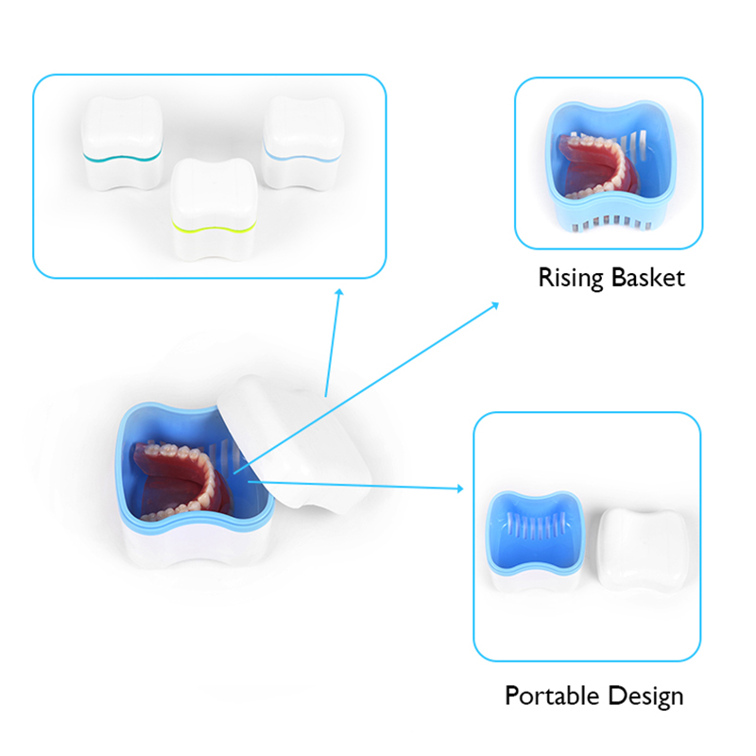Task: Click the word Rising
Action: [571, 279]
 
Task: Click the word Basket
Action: [648, 278]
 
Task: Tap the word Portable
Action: [552, 696]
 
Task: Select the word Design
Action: [645, 696]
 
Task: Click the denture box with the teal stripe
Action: [123, 143]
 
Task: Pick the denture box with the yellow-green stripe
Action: [214, 208]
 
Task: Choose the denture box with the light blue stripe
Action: [302, 142]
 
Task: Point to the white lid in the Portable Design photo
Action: [642, 550]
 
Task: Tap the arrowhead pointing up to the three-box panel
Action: [339, 293]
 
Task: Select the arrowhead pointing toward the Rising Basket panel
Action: [494, 305]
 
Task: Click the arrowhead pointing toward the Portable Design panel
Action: [459, 489]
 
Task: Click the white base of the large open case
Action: [196, 544]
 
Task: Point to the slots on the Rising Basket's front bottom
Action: [609, 222]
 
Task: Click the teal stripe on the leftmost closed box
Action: [123, 157]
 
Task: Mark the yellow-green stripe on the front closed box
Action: [214, 227]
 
